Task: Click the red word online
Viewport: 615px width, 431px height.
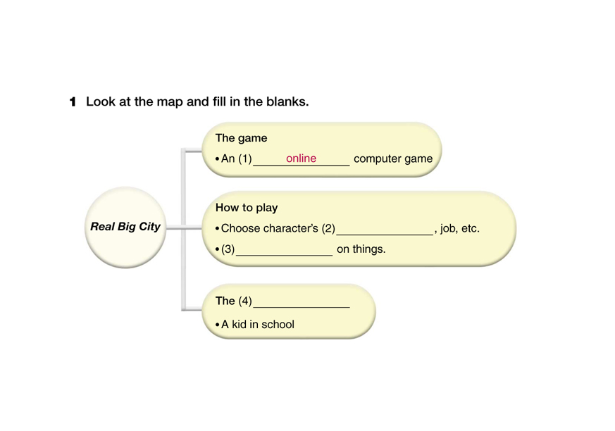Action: tap(301, 158)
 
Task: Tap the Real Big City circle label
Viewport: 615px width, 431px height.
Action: tap(125, 227)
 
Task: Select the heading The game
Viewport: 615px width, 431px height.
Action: tap(241, 138)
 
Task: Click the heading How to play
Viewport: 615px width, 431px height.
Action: tap(247, 208)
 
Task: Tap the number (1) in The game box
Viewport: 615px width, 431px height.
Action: tap(244, 159)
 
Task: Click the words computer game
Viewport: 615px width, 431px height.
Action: tap(392, 159)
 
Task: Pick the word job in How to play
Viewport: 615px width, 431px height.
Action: tap(448, 229)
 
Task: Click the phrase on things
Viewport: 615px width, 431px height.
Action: tap(361, 249)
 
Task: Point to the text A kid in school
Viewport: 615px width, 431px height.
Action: tap(257, 325)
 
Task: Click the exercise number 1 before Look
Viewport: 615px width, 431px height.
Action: tap(72, 102)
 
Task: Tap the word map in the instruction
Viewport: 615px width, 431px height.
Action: tap(168, 101)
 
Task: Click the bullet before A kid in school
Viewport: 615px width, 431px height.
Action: tap(217, 325)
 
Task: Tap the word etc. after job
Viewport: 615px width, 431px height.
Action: tap(470, 229)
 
